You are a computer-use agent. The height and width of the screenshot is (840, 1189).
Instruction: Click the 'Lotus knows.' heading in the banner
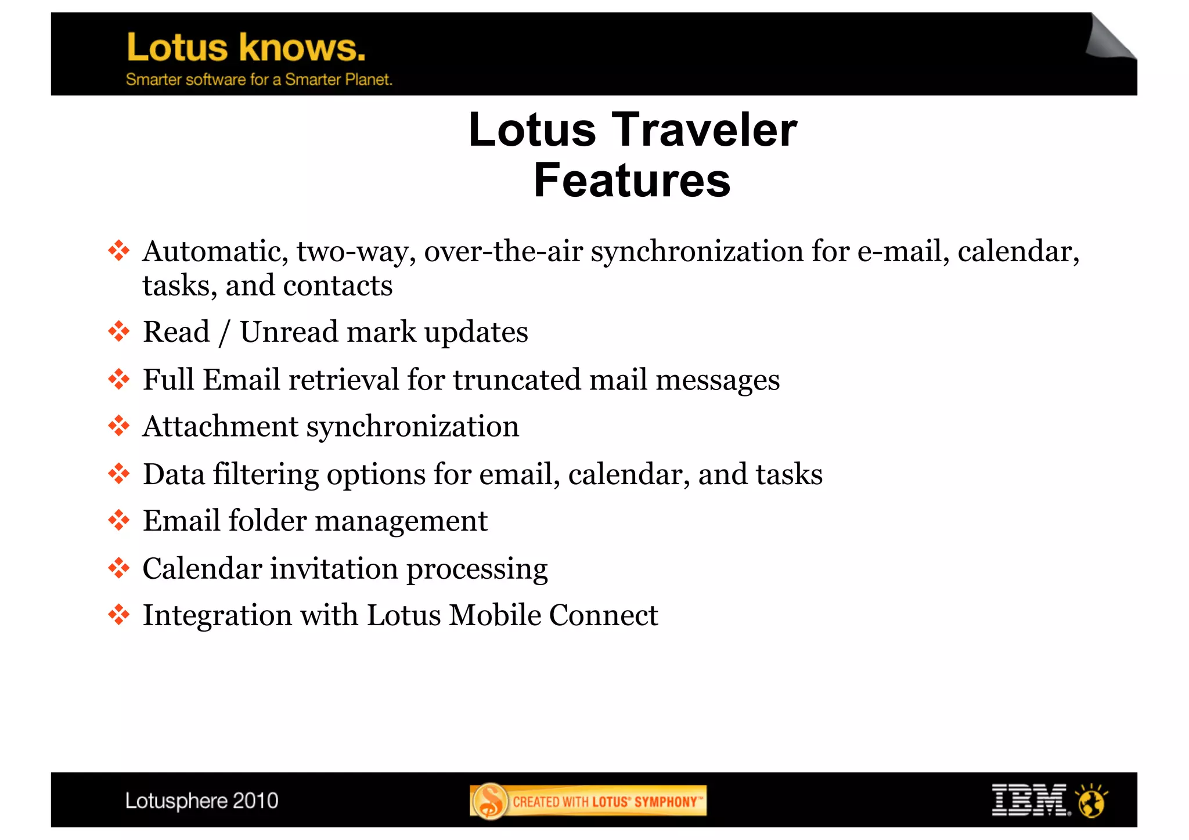tap(246, 48)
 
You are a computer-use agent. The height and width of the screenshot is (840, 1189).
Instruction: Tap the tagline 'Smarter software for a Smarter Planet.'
tap(259, 80)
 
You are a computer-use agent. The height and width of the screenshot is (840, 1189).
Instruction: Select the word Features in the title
tap(632, 181)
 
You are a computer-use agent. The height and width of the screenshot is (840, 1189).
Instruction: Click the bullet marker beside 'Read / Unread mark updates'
tap(119, 331)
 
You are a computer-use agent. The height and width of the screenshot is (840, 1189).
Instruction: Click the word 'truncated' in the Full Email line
tap(517, 380)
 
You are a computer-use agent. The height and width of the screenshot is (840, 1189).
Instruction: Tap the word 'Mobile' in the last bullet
tap(495, 615)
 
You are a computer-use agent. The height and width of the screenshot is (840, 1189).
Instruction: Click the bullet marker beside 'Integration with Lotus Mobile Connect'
tap(119, 615)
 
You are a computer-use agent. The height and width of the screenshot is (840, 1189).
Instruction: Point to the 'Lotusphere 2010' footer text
tap(201, 801)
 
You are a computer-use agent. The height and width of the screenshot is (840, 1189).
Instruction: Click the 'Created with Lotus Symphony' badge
tap(588, 801)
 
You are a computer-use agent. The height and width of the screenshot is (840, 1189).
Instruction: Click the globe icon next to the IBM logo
tap(1092, 801)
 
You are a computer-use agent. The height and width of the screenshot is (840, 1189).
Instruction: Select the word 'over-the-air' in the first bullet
tap(503, 251)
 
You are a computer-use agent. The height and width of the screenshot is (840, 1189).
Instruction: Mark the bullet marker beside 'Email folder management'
tap(119, 520)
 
